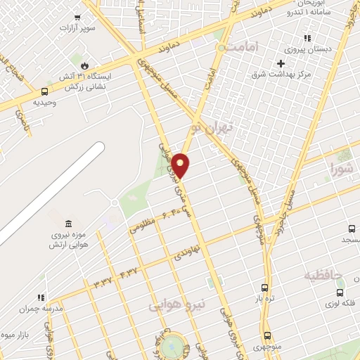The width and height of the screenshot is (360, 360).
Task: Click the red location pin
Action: (181, 165)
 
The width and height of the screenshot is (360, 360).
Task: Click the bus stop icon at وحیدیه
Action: (45, 91)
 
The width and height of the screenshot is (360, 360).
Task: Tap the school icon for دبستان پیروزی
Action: (307, 39)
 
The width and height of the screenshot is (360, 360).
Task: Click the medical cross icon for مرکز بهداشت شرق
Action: (281, 64)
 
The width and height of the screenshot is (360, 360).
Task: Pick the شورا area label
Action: (342, 167)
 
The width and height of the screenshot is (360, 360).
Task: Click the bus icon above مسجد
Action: (352, 229)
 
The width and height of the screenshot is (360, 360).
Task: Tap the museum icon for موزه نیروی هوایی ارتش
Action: (68, 223)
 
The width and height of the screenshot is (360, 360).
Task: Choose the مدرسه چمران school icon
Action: (41, 297)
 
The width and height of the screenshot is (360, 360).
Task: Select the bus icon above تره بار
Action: (264, 288)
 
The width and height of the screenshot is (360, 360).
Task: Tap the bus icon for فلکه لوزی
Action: (340, 292)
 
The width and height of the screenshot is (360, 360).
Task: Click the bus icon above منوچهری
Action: (267, 335)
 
